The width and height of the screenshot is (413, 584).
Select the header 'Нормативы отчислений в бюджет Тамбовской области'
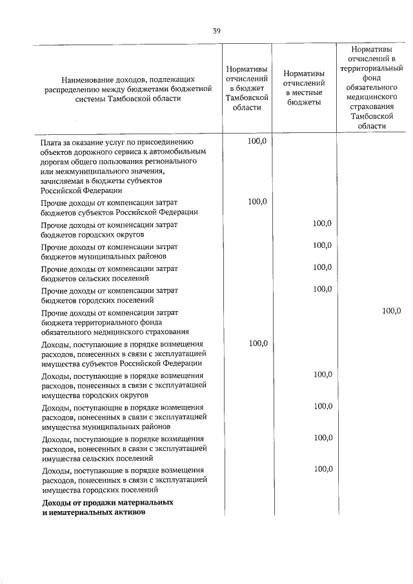(246, 88)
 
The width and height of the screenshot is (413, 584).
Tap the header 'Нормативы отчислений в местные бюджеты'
(304, 88)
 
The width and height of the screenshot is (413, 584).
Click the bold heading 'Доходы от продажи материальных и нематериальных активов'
(107, 507)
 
